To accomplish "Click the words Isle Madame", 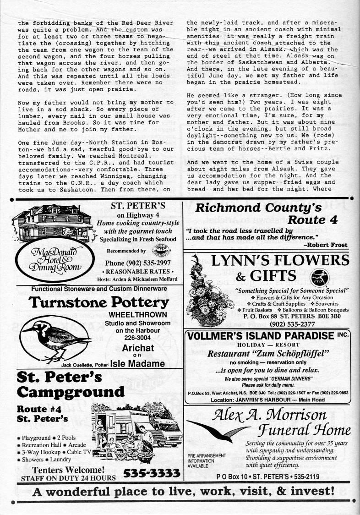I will (x=136, y=363).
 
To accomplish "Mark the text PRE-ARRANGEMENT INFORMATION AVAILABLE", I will (x=207, y=460).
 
